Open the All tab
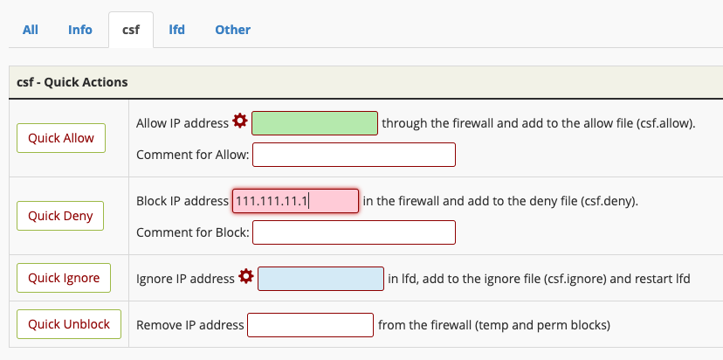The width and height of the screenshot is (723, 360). click(31, 30)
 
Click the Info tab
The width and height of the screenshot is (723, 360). click(80, 30)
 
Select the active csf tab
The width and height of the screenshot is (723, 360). click(131, 30)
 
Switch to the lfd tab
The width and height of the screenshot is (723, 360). click(176, 30)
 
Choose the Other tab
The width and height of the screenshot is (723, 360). click(233, 30)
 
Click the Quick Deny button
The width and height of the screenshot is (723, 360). click(60, 216)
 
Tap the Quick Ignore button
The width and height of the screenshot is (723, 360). click(64, 278)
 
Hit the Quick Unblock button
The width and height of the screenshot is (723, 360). click(69, 324)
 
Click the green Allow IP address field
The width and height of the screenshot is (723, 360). click(314, 123)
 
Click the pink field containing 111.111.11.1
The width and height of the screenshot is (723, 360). click(295, 201)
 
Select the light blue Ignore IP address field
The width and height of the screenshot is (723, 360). click(320, 279)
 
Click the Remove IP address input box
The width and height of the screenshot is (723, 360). click(310, 325)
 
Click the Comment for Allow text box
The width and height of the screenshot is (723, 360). click(355, 155)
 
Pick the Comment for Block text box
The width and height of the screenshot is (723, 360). click(355, 232)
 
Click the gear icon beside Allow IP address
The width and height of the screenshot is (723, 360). click(240, 121)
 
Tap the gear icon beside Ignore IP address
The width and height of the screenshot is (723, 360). click(245, 276)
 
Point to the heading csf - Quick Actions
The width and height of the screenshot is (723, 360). click(72, 82)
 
